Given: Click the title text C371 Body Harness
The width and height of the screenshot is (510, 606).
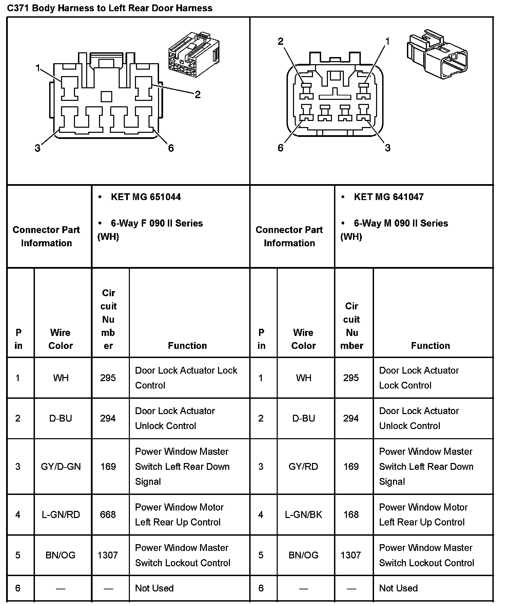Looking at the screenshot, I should pos(110,8).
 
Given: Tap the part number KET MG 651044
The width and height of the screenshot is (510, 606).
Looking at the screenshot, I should pos(145,197).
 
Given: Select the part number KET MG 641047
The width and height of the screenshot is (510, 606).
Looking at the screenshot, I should pos(389,197).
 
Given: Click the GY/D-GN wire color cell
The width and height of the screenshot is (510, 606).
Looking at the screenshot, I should pos(61,466).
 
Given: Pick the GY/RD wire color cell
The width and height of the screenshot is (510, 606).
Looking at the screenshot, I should pos(303,466).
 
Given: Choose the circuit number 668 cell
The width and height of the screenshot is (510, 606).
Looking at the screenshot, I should pos(108,515).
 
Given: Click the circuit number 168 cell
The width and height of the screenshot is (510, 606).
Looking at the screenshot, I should pos(351,515).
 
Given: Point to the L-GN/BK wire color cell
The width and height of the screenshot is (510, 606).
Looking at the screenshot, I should pos(303,515).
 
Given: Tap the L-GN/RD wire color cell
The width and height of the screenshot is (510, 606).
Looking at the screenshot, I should pos(61,515).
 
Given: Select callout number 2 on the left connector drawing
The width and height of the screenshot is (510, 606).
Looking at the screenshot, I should pos(198,94).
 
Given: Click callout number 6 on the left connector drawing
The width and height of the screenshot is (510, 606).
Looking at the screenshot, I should pos(171,148).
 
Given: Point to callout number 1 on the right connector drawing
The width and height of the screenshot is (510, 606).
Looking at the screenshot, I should pos(388,41).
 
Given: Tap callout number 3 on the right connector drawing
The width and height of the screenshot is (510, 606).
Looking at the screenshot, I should pos(388,148).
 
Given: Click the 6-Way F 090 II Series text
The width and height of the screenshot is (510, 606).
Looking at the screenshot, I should pos(157,223).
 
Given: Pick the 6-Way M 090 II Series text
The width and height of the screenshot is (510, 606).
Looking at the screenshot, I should pos(401,223).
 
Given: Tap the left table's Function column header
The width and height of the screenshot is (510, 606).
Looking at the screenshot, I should pos(187,345).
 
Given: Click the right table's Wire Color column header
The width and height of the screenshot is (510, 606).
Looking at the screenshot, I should pos(303,339).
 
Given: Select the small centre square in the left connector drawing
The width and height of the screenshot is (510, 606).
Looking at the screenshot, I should pos(106,96).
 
